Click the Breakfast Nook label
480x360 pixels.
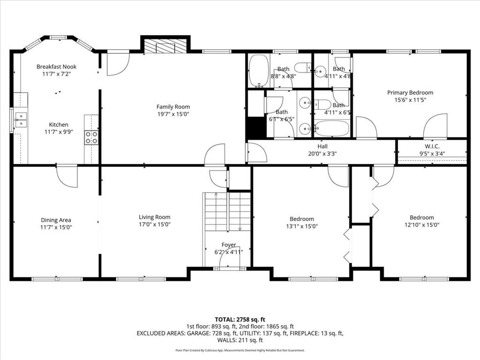click(x=56, y=67)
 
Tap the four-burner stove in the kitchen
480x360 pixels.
click(x=91, y=137)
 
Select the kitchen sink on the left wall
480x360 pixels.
click(x=21, y=120)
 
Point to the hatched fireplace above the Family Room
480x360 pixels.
click(x=165, y=45)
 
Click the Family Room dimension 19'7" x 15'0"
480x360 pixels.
click(x=173, y=114)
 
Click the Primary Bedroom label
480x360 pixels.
click(x=410, y=92)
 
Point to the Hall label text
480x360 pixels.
click(x=322, y=146)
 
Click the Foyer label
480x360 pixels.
click(x=229, y=245)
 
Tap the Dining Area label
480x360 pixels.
click(x=56, y=220)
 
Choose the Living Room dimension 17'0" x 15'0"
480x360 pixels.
click(x=154, y=225)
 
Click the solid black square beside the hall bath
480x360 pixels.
click(x=256, y=127)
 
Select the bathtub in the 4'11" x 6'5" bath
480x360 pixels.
click(x=332, y=128)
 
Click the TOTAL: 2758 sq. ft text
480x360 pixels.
click(x=240, y=319)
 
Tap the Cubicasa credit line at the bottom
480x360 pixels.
click(x=240, y=350)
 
